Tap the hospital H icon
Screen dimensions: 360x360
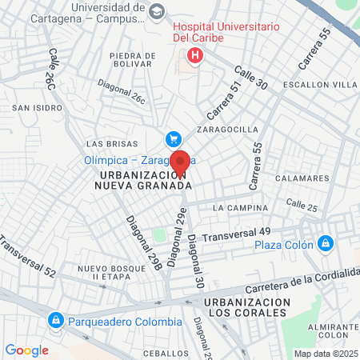[x=193, y=56]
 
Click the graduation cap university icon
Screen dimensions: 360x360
[x=157, y=10]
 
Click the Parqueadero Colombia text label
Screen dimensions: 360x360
[x=124, y=322]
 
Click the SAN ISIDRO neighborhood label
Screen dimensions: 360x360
[x=31, y=106]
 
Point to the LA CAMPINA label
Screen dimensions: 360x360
[x=240, y=208]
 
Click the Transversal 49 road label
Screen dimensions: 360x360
[x=237, y=234]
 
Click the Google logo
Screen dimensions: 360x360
[x=26, y=350]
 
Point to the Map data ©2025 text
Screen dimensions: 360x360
[x=326, y=354]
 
